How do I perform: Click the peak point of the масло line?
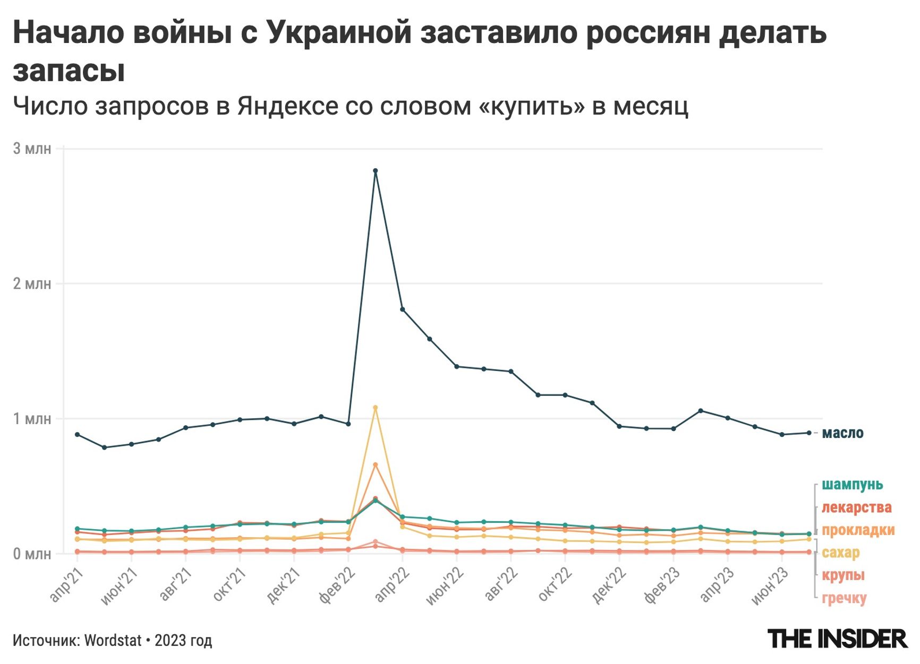click(x=375, y=171)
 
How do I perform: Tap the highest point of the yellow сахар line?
click(x=375, y=408)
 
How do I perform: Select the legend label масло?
click(x=842, y=433)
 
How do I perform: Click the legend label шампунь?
click(x=852, y=485)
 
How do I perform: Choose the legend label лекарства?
click(x=856, y=507)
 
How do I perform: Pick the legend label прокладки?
click(x=858, y=530)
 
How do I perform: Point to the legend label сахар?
click(x=840, y=553)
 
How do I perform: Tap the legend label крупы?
click(x=843, y=575)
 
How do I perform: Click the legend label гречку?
click(x=844, y=598)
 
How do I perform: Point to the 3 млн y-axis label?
click(x=32, y=149)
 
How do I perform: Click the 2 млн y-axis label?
click(x=32, y=283)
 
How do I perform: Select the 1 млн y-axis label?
click(x=32, y=419)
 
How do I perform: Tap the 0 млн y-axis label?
click(x=32, y=554)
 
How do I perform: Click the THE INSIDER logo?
click(x=837, y=639)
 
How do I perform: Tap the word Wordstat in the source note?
click(x=113, y=641)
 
